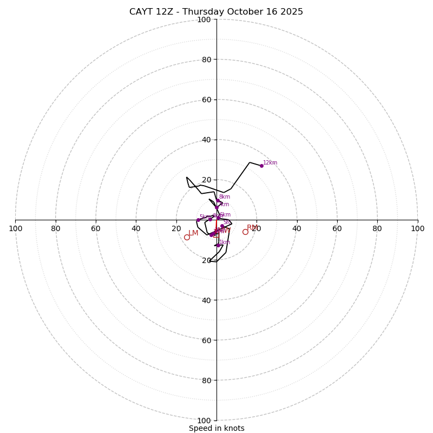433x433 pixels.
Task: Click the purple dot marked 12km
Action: pyautogui.click(x=261, y=166)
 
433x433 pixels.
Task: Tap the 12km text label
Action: pyautogui.click(x=270, y=163)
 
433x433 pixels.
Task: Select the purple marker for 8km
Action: pyautogui.click(x=218, y=200)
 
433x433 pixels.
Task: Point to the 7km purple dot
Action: pyautogui.click(x=216, y=207)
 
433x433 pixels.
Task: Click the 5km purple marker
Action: pyautogui.click(x=198, y=220)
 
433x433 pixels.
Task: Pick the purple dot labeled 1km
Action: pyautogui.click(x=218, y=245)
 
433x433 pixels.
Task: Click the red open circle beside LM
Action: pyautogui.click(x=187, y=237)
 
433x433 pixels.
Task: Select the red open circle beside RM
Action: pyautogui.click(x=245, y=232)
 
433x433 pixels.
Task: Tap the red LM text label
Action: pyautogui.click(x=193, y=233)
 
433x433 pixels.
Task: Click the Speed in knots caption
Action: pyautogui.click(x=216, y=428)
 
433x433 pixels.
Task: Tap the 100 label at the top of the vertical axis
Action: pyautogui.click(x=204, y=20)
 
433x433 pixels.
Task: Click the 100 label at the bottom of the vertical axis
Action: pyautogui.click(x=204, y=421)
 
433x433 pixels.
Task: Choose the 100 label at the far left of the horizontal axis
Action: pyautogui.click(x=16, y=228)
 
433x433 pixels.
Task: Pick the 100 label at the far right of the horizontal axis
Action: pyautogui.click(x=417, y=228)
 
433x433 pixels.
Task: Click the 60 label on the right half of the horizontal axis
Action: pyautogui.click(x=337, y=228)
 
